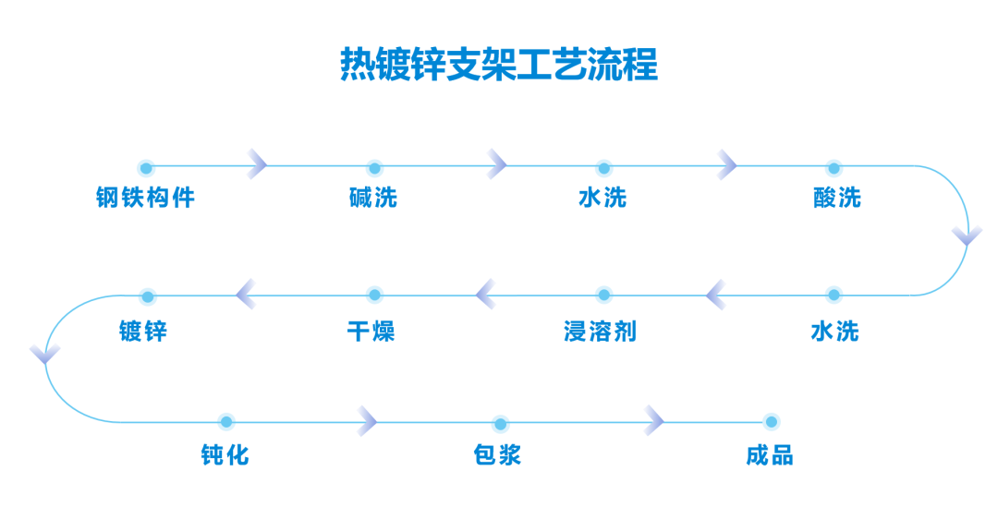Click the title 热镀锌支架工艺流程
(x=499, y=65)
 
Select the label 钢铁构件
(x=146, y=198)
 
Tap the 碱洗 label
(x=373, y=198)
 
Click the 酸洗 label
(x=837, y=198)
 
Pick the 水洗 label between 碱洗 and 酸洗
(x=602, y=198)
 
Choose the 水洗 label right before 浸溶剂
(x=834, y=332)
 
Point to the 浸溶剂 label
(x=601, y=332)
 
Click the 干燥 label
(x=371, y=332)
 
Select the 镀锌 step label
(x=143, y=332)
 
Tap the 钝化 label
(x=225, y=455)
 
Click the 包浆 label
(x=497, y=455)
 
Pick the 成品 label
(x=770, y=455)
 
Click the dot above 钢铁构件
(x=146, y=169)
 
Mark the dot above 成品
(x=772, y=422)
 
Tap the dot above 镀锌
(x=148, y=297)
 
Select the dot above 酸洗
(x=834, y=169)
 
